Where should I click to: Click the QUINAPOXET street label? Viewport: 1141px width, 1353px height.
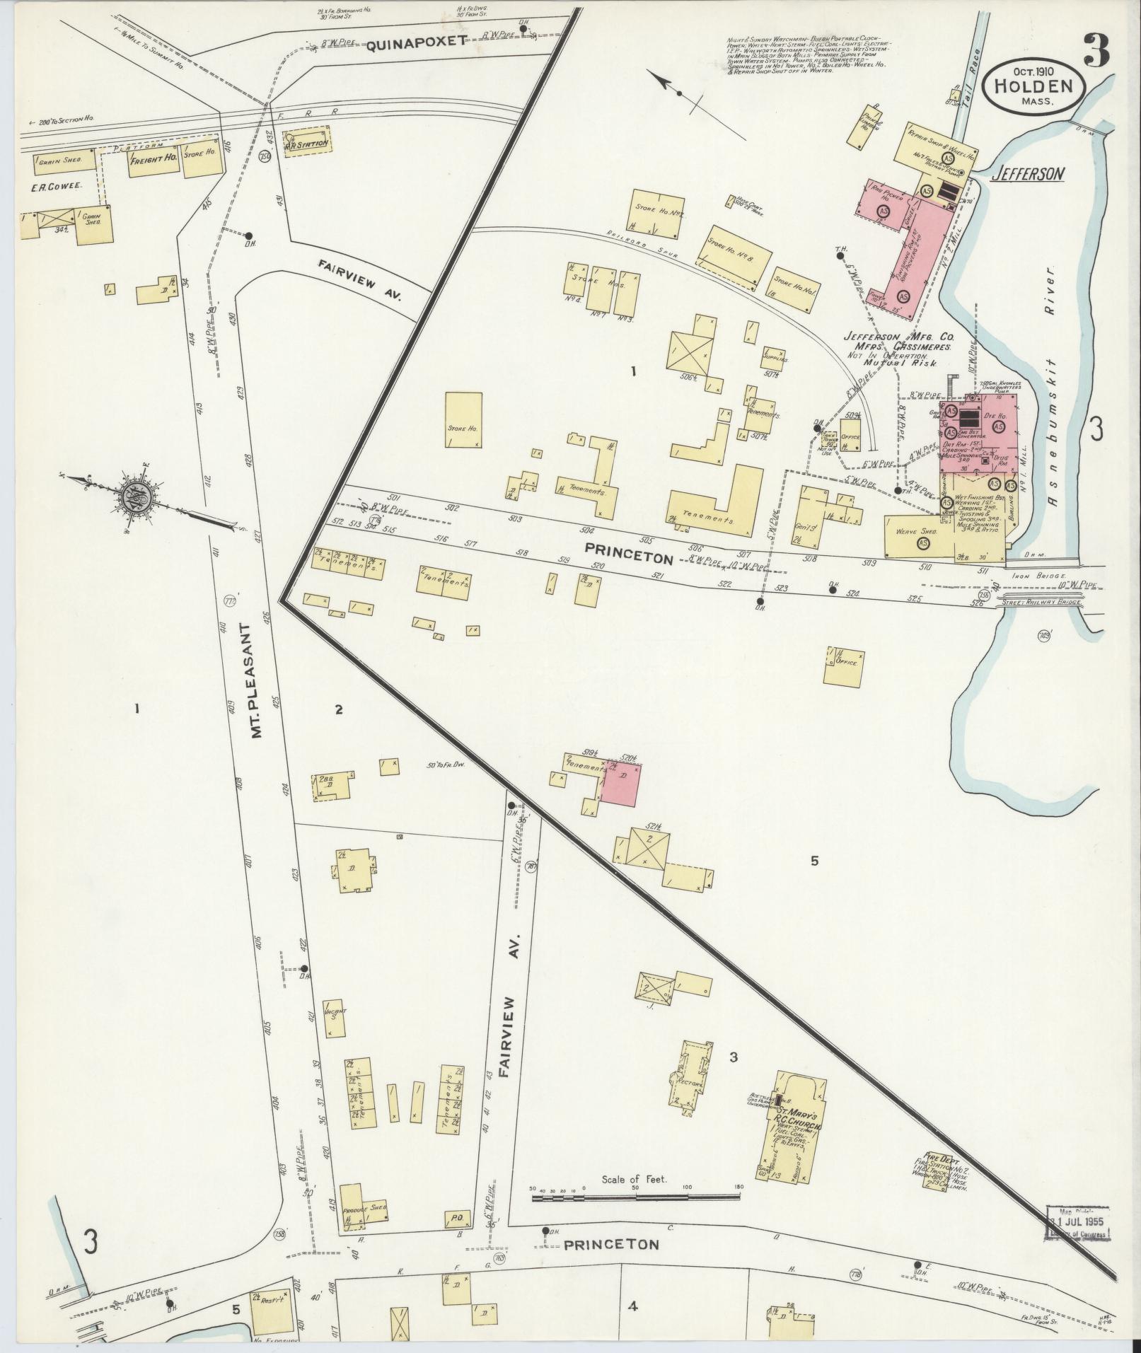click(417, 42)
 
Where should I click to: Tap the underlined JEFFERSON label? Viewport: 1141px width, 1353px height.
click(1027, 174)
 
